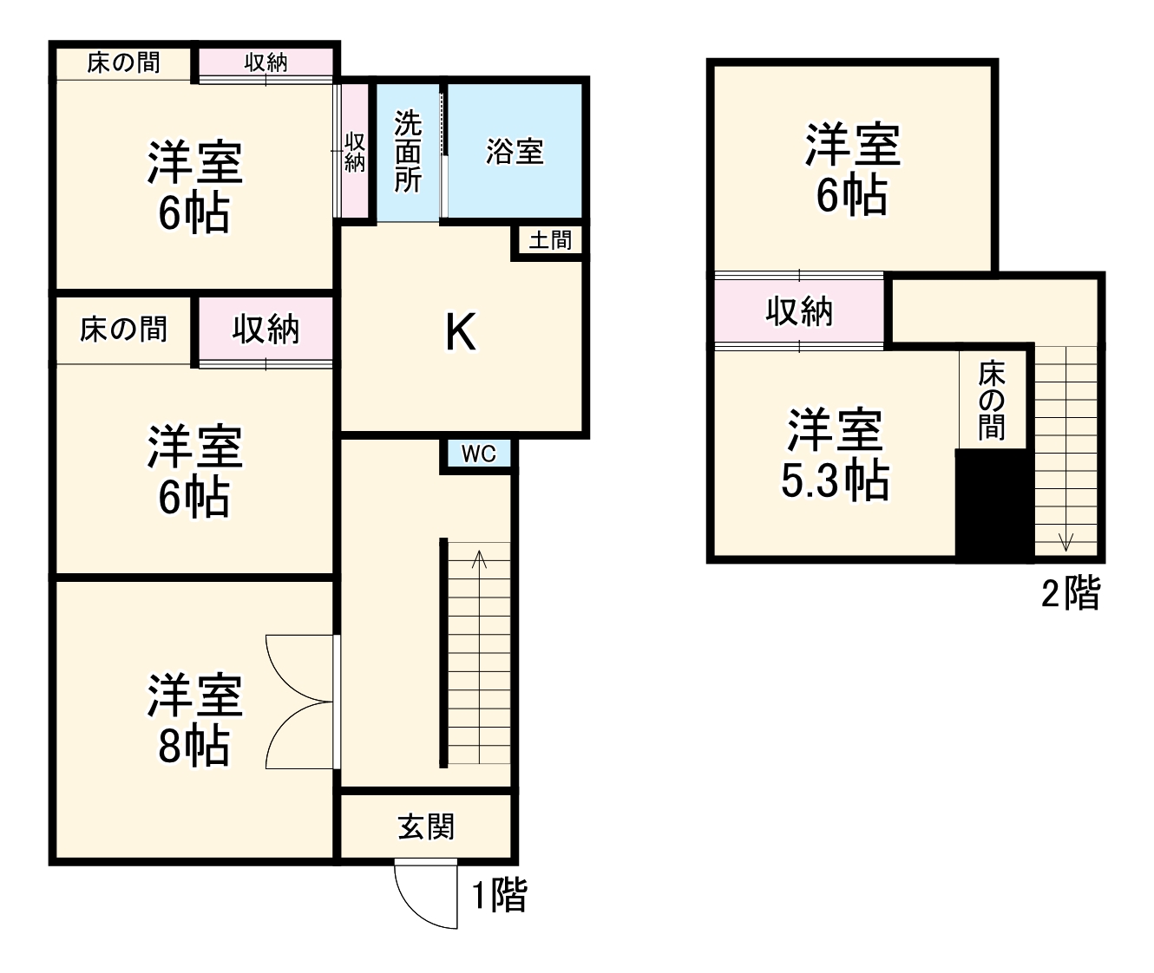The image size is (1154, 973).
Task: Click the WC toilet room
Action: tap(478, 454)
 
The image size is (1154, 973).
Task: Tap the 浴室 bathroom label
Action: tap(515, 152)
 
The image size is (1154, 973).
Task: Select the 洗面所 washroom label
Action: tap(408, 152)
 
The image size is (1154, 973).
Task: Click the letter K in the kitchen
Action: tap(460, 331)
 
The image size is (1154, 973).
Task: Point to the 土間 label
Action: tap(550, 239)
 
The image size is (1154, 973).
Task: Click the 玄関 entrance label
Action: tap(426, 826)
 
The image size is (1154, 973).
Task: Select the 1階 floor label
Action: tap(499, 895)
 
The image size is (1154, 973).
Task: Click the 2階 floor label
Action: tap(1071, 594)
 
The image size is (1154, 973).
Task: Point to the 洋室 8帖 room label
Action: tap(194, 720)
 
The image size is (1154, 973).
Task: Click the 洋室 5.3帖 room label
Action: tap(835, 454)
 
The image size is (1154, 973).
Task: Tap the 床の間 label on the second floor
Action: tap(992, 400)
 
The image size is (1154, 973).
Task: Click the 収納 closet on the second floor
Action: tap(799, 310)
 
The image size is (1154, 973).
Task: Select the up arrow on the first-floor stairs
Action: tap(479, 558)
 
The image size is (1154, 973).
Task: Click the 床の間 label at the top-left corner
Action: tap(123, 62)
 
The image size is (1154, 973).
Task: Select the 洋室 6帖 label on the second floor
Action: tap(853, 169)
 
